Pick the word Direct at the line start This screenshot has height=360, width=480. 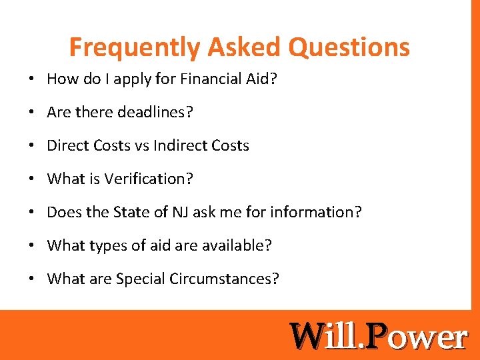67,146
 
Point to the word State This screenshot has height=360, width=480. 130,213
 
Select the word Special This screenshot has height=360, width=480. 139,279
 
